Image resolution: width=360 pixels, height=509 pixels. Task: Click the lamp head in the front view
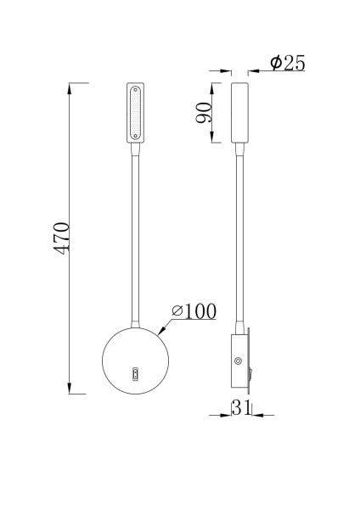click(135, 114)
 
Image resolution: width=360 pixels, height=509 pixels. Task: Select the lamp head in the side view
click(239, 114)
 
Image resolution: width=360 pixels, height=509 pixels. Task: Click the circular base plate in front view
click(135, 359)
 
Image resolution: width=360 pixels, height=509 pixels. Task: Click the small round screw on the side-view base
click(237, 361)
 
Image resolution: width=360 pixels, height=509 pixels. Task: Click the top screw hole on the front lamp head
click(135, 87)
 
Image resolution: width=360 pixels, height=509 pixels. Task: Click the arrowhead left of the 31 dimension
click(226, 415)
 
